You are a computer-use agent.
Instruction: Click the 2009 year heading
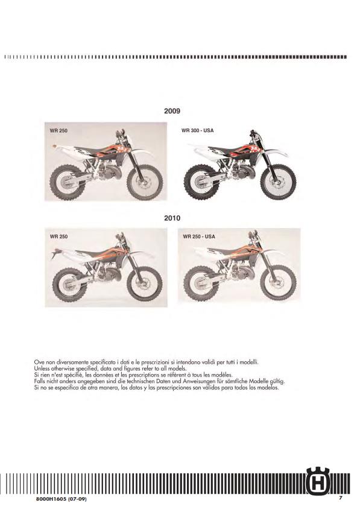click(x=172, y=111)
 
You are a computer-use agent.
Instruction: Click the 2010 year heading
click(x=172, y=218)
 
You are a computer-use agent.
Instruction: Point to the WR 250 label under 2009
click(x=58, y=130)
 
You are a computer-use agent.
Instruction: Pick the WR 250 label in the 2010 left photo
click(x=58, y=237)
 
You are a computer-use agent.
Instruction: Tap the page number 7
click(x=340, y=498)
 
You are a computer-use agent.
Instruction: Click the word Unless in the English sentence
click(x=43, y=367)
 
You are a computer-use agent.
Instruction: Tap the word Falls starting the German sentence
click(x=40, y=381)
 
